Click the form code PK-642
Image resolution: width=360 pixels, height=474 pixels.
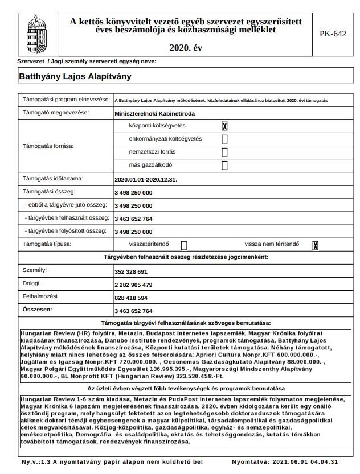333,34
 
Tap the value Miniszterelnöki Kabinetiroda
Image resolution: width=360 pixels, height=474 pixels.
146,113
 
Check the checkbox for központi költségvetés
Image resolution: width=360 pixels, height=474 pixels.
225,126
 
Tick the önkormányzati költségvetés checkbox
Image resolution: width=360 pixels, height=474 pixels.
224,139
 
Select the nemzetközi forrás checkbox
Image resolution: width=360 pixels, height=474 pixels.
224,152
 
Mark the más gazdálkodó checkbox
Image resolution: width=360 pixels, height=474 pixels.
224,166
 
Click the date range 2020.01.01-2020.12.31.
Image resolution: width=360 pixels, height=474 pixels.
146,179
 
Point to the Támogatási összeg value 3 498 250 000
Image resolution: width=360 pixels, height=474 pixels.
133,192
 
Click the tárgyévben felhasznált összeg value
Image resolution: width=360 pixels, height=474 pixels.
133,219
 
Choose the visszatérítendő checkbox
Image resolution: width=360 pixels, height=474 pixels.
184,245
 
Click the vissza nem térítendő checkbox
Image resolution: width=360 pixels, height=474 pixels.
315,245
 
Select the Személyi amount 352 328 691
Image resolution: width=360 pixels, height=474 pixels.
131,271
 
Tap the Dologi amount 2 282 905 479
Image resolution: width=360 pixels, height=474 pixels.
133,285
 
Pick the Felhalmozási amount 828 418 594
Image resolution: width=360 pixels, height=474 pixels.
131,298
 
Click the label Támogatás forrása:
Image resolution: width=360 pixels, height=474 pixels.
48,146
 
